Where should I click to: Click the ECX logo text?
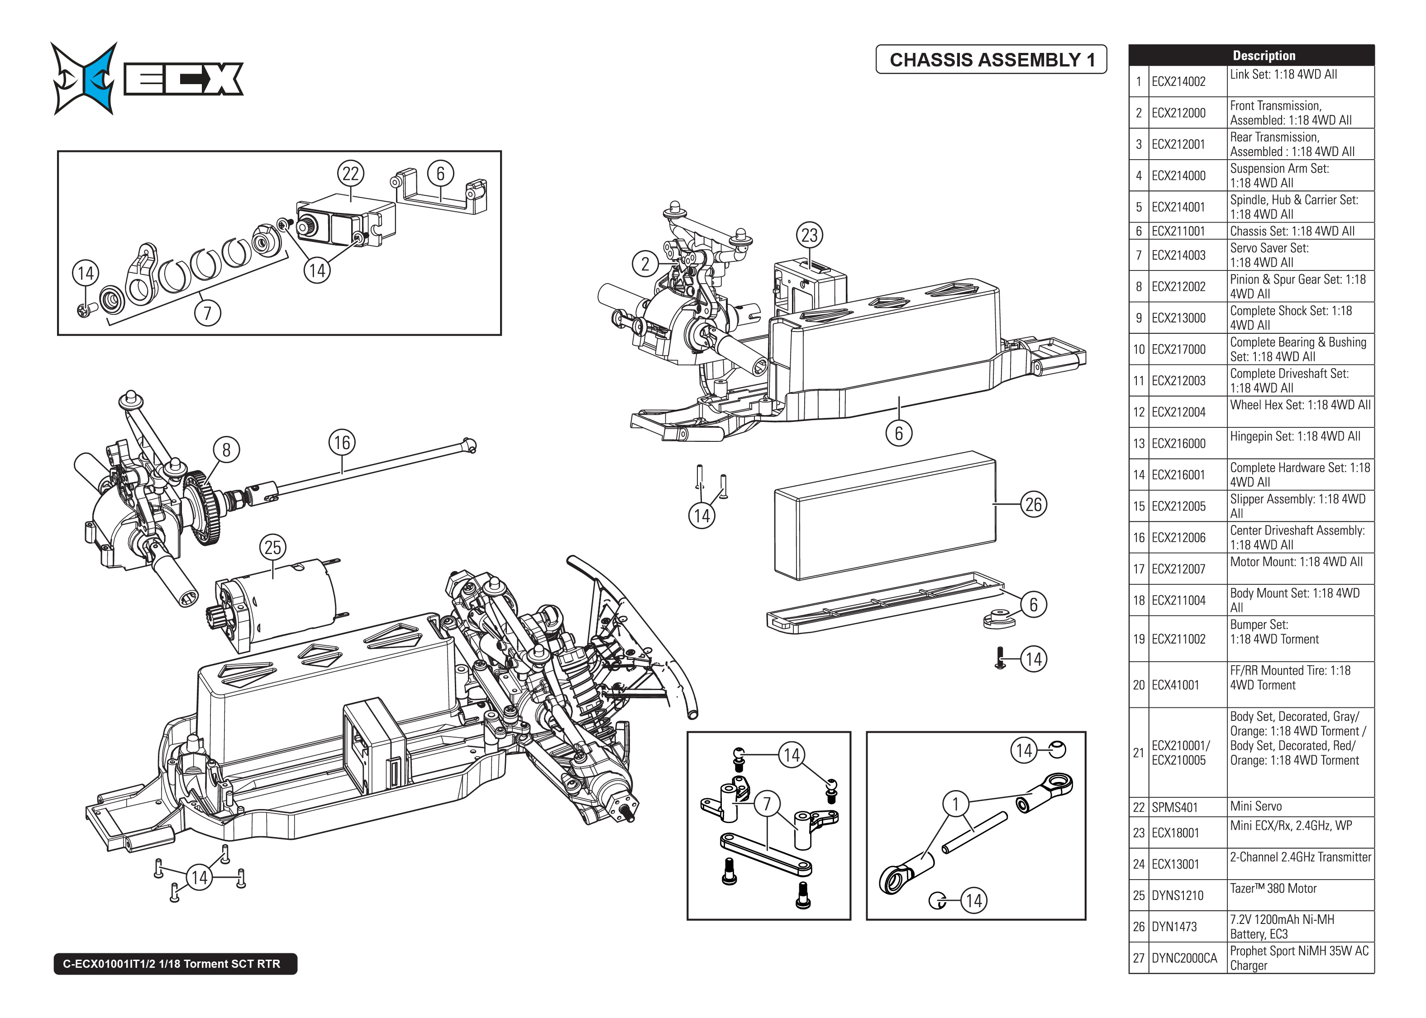(183, 80)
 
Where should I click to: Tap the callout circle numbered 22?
(351, 174)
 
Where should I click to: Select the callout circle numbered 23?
(810, 235)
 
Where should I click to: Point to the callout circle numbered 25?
(273, 548)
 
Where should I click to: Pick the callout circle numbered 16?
(342, 443)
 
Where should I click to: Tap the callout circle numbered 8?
(226, 450)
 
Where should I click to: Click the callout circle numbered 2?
(645, 264)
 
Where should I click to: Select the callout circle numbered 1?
(956, 804)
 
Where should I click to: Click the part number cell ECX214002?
(1178, 81)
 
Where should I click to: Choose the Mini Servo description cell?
(1299, 807)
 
